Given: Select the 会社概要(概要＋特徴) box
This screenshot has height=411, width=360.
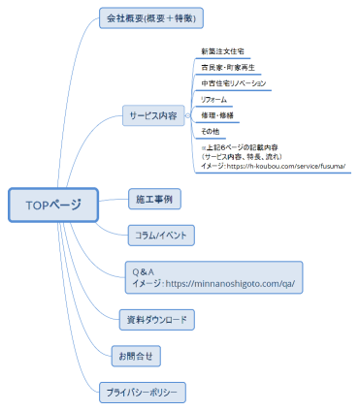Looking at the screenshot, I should click(x=152, y=18).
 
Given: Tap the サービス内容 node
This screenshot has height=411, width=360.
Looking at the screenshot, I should click(x=152, y=115).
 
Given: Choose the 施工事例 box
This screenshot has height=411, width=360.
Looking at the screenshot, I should click(x=154, y=199).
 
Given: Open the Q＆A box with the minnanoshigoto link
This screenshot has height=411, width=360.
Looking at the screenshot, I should click(x=214, y=277).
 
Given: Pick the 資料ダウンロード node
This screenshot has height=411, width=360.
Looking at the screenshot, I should click(x=157, y=319).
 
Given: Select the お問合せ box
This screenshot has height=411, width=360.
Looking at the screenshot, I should click(x=136, y=356).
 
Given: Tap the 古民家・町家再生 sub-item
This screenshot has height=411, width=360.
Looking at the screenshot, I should click(x=227, y=67).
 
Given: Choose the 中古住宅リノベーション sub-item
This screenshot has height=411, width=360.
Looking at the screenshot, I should click(x=233, y=83).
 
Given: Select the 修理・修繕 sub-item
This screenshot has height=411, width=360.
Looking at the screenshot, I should click(x=216, y=114).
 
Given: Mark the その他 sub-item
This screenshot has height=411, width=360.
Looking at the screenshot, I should click(x=210, y=131).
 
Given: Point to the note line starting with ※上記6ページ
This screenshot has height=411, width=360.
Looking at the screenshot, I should click(x=244, y=146).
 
